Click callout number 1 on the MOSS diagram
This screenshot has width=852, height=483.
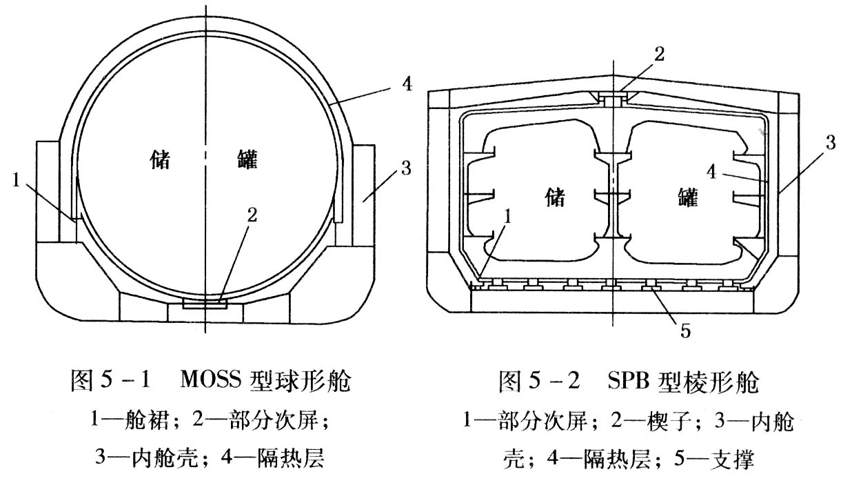[15, 181]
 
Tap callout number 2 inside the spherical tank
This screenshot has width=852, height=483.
[252, 215]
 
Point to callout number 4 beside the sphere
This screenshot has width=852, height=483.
[407, 86]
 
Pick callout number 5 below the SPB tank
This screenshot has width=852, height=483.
[685, 331]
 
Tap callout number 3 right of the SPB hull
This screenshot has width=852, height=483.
[831, 144]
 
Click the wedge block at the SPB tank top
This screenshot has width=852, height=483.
[611, 99]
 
